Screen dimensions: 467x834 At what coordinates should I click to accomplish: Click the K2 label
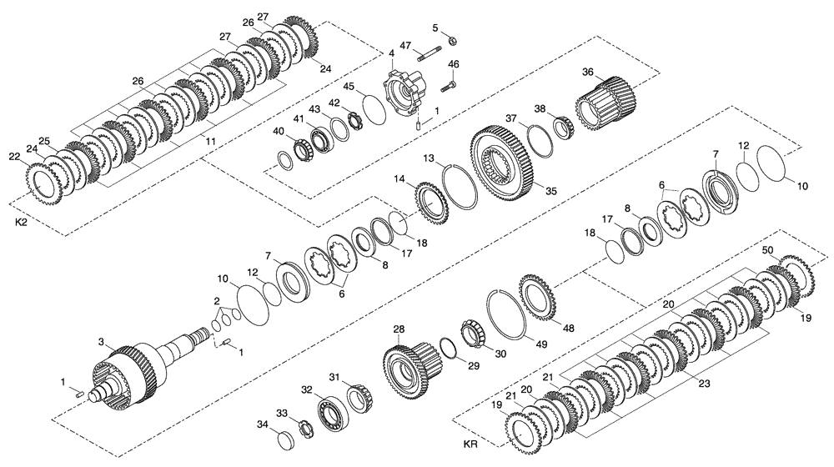pyautogui.click(x=23, y=223)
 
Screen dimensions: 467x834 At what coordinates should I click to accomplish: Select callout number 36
pyautogui.click(x=587, y=73)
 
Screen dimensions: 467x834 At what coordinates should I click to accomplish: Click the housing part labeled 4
pyautogui.click(x=405, y=93)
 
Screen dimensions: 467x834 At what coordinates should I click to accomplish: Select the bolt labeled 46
pyautogui.click(x=449, y=83)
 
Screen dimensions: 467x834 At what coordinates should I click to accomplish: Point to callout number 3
pyautogui.click(x=101, y=342)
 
